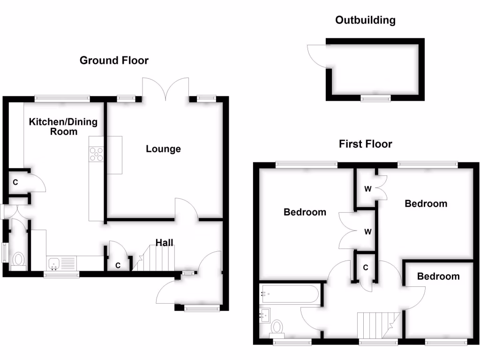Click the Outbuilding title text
(365, 20)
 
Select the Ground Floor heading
(114, 60)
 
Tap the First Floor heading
(365, 144)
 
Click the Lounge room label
(163, 149)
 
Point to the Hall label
(165, 242)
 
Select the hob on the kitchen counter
(97, 154)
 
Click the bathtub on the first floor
(290, 294)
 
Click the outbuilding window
(375, 98)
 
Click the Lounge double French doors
(165, 89)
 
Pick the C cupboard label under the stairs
(118, 265)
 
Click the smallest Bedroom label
(438, 277)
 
